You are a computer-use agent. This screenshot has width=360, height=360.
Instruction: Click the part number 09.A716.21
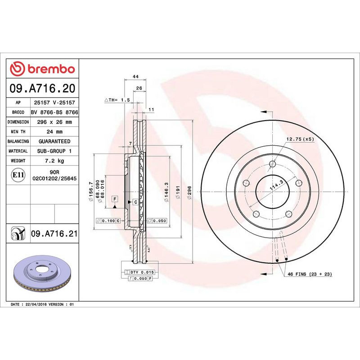pos(54,234)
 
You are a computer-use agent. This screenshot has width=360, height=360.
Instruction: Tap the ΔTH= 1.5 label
pos(117,99)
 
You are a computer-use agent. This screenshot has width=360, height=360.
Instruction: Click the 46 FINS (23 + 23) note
pos(310,274)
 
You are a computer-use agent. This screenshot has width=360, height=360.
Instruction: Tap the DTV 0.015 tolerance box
pos(142,273)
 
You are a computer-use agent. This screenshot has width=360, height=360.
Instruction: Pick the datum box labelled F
pos(115,198)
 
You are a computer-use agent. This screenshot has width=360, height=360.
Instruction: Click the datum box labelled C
pos(135,202)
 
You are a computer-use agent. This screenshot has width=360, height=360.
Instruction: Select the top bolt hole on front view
pos(271,164)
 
